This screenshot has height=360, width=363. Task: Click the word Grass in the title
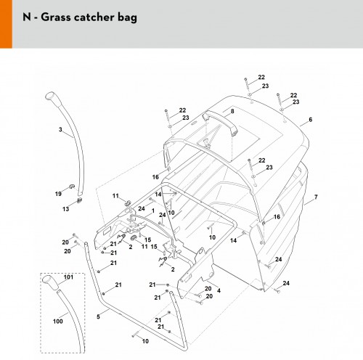56,17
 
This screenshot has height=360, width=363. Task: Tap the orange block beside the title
6,24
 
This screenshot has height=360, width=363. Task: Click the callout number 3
60,130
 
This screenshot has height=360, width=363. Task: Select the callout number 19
58,194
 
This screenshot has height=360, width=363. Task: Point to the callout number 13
66,209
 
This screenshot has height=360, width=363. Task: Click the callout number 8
232,111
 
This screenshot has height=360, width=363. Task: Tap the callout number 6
311,120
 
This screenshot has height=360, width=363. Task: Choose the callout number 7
316,197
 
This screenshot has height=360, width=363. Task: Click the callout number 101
68,277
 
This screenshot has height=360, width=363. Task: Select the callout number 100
58,322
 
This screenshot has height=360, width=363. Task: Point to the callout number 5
98,316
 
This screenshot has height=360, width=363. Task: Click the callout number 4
219,290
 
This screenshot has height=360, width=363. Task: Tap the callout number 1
153,211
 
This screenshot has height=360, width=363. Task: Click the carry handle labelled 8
220,121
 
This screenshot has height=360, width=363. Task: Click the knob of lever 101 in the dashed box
50,281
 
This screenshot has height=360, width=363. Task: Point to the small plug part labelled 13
79,200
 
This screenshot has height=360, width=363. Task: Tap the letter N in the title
27,17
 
